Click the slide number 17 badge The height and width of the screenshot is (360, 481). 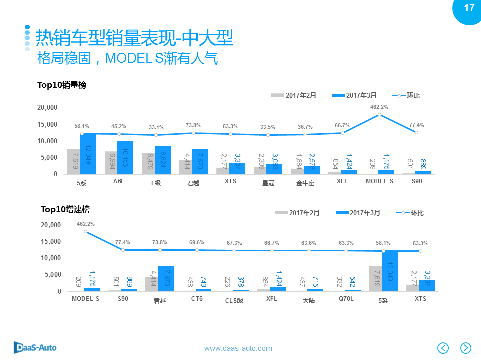pos(468,9)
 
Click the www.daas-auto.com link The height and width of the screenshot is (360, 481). pos(238,348)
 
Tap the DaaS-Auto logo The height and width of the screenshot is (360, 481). pos(35,347)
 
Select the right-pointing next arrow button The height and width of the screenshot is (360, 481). pos(466,347)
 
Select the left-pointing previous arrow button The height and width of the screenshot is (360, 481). pos(443,347)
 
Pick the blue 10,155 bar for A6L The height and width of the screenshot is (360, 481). pos(125,157)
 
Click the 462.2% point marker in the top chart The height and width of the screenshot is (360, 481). pos(379,114)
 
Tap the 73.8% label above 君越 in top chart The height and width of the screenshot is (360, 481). pos(193,125)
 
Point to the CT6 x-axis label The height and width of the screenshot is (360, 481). pos(197,299)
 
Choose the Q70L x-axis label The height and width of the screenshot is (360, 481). pos(346,299)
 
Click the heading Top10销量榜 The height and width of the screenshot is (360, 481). pos(62,85)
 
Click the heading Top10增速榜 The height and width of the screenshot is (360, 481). pos(65,209)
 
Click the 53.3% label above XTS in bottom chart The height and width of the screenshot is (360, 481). pos(420,243)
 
